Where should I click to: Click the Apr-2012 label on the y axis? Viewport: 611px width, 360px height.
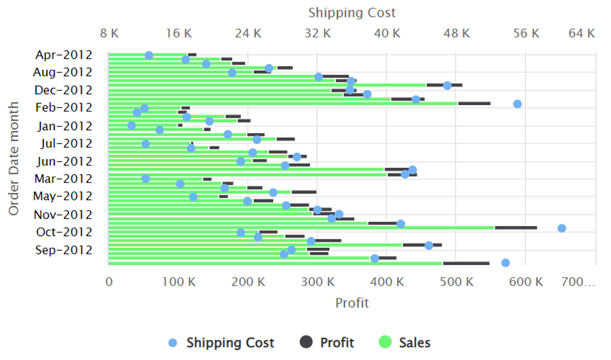[x=64, y=55]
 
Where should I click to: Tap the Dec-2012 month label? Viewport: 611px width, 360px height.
[x=63, y=91]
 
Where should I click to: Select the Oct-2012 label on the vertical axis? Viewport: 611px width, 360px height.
[x=64, y=232]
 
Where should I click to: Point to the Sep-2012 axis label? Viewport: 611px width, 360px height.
[x=64, y=250]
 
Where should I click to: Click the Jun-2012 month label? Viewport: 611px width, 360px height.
[x=64, y=161]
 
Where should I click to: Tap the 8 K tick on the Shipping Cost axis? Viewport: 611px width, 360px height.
[x=109, y=33]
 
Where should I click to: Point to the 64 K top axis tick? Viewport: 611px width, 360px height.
[x=581, y=33]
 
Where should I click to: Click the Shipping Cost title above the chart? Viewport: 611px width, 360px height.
[x=352, y=13]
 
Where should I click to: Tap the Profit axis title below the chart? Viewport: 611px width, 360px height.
[x=352, y=303]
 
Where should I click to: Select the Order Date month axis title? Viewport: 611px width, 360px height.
[x=14, y=159]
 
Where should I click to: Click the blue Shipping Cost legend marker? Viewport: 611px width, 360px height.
[x=172, y=343]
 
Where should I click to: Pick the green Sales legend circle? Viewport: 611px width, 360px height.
[x=385, y=343]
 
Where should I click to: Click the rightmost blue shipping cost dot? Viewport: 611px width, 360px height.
[x=562, y=228]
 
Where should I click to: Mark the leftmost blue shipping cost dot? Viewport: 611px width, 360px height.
[x=132, y=125]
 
